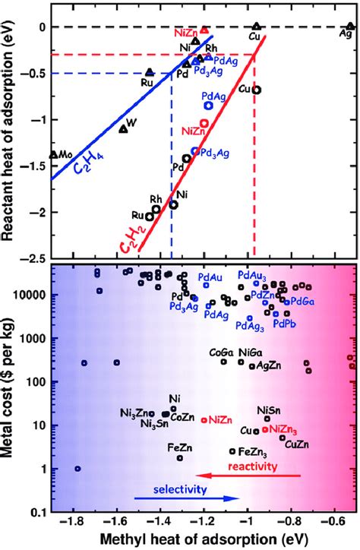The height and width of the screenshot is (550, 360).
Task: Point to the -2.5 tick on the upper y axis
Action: pyautogui.click(x=33, y=259)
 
